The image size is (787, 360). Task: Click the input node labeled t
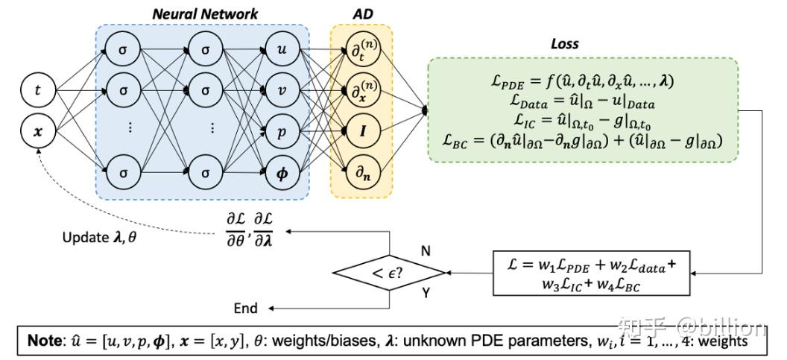[38, 91]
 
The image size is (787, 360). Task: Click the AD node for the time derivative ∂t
[361, 51]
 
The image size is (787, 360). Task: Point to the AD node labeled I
[361, 131]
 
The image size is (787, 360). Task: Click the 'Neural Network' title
[205, 13]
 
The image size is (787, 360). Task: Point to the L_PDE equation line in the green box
[582, 80]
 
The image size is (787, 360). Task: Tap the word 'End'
[245, 308]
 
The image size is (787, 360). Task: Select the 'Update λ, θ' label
[101, 236]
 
